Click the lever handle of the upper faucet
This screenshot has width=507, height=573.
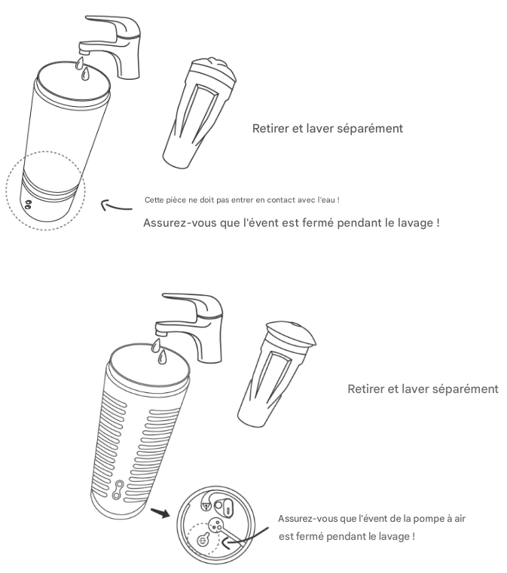click(110, 23)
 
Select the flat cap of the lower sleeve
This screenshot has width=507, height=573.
click(291, 333)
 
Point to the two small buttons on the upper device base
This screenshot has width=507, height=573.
click(27, 204)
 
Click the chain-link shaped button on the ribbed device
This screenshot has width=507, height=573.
click(118, 490)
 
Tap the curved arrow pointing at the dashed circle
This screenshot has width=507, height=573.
click(116, 206)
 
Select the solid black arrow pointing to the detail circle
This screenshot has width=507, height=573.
click(160, 512)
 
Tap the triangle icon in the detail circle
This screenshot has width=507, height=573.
click(205, 506)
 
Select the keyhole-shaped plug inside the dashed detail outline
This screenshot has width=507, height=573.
click(203, 539)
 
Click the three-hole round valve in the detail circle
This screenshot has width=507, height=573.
click(215, 525)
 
